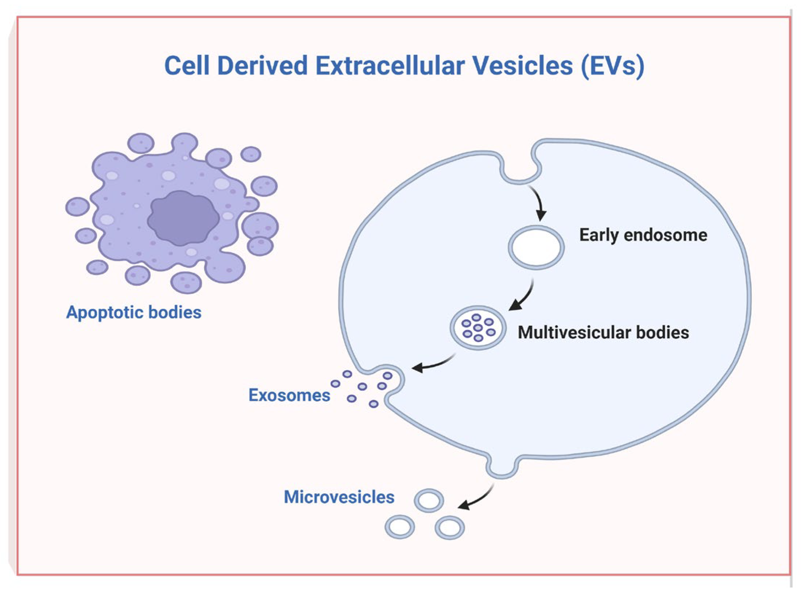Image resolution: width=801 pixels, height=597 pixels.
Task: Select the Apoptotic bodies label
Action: (x=133, y=312)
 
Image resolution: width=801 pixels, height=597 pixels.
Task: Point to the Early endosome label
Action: (x=643, y=235)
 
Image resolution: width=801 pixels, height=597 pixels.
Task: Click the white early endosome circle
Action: (x=536, y=247)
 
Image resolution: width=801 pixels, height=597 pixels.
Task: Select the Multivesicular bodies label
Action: (x=603, y=332)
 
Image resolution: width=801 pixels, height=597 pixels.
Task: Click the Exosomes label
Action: (x=289, y=395)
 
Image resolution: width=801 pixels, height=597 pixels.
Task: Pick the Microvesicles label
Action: (x=339, y=497)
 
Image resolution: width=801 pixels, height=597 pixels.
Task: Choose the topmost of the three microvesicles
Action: (x=429, y=500)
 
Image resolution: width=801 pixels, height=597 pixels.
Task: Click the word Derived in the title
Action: (x=262, y=66)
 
